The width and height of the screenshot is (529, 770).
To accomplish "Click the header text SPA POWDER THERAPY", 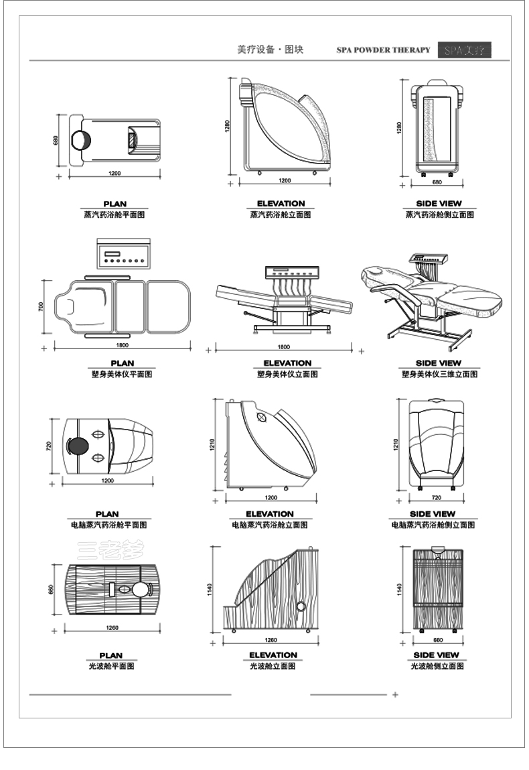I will (383, 50).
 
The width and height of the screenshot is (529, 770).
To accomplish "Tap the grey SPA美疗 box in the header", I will (465, 50).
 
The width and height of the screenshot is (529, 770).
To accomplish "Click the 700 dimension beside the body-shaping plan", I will (41, 307).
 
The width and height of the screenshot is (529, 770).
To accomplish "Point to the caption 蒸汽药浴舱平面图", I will (115, 214).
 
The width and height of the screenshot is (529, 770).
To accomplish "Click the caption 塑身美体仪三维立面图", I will (439, 374).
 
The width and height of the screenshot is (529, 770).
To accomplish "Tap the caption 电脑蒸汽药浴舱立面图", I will (269, 525).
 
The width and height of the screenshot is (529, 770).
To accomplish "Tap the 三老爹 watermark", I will (110, 550).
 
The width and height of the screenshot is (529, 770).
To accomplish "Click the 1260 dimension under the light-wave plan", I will (112, 628).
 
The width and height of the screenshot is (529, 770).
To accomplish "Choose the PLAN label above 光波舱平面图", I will (111, 655).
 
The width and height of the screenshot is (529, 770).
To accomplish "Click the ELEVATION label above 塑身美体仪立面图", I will (287, 363).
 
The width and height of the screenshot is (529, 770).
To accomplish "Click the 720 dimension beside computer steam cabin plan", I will (49, 446).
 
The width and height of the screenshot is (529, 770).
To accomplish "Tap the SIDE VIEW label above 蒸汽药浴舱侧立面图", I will (439, 204).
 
